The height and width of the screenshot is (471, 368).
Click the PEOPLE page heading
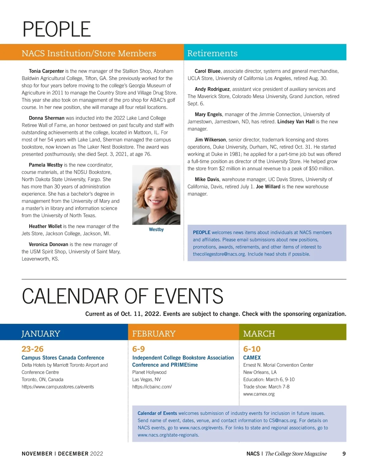coord(57,29)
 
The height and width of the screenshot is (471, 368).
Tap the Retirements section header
coord(212,53)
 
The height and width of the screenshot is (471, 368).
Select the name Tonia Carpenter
coord(46,71)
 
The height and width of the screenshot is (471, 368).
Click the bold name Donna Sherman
coord(47,118)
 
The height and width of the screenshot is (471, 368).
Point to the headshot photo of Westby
coord(156,195)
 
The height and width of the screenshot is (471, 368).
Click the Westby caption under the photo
coord(156,230)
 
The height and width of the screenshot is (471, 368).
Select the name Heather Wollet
coord(45,226)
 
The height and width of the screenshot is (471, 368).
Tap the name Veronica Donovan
coord(48,245)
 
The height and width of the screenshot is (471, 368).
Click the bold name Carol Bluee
coord(208,71)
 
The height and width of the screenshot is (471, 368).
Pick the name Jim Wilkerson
coord(210,140)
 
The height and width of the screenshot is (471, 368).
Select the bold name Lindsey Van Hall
coord(296,122)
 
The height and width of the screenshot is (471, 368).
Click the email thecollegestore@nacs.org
coord(219,254)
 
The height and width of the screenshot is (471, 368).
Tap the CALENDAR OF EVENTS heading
coord(122,296)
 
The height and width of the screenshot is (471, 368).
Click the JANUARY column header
coord(41,334)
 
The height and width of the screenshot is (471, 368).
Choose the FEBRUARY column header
coord(154,334)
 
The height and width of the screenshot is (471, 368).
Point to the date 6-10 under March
coord(252,349)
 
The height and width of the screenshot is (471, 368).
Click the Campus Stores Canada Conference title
coord(63,358)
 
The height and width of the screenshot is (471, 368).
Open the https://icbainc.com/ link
coord(152,387)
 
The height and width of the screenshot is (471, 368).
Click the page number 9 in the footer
coord(344,454)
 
